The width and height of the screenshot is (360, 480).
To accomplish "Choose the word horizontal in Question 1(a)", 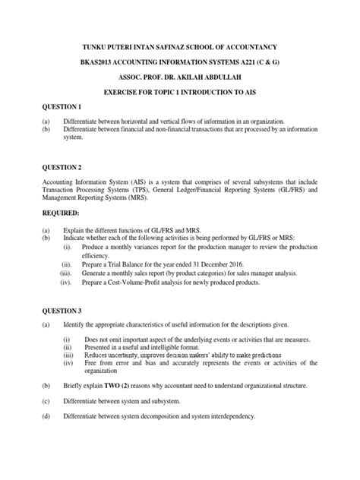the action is [x=132, y=122].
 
